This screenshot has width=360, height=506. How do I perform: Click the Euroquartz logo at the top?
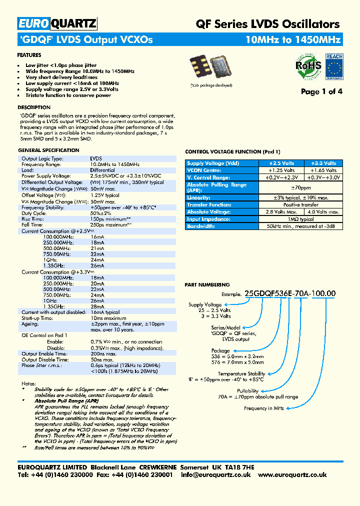point(57,23)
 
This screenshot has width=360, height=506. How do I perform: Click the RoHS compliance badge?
point(305,67)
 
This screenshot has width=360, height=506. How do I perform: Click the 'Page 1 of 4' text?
point(321,91)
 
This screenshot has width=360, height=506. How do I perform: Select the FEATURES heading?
point(29,55)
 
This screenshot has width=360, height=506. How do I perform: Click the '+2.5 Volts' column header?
point(281,163)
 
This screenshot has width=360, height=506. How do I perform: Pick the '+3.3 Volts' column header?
point(323,163)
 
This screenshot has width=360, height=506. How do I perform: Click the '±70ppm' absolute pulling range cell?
point(302,187)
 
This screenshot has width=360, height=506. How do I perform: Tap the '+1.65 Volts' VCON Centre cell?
point(323,170)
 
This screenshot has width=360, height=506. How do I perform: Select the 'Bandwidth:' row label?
point(201,226)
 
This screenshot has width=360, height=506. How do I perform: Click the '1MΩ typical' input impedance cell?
point(302,219)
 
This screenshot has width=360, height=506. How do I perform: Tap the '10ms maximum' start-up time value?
point(108,318)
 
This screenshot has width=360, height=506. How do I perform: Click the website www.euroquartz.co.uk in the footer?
point(292,475)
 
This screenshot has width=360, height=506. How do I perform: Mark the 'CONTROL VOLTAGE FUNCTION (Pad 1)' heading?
point(232,151)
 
